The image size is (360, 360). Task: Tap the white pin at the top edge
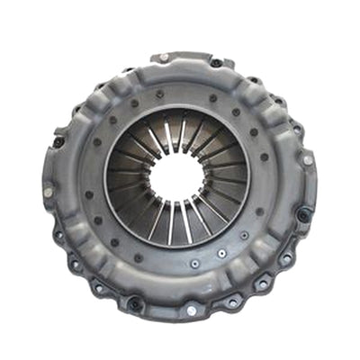[164, 58]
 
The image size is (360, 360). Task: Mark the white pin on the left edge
[48, 192]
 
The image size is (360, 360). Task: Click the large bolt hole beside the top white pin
[216, 62]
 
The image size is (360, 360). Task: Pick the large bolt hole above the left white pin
[57, 142]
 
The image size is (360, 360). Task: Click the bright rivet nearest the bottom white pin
[193, 265]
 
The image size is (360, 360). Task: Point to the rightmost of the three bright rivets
[244, 236]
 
